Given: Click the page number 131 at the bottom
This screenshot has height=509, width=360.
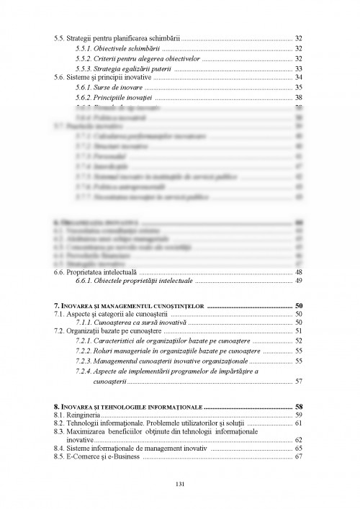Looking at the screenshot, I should pyautogui.click(x=180, y=482).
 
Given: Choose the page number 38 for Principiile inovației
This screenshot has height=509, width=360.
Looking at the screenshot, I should pyautogui.click(x=298, y=97).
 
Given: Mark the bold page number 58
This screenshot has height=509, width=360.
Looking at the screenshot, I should pyautogui.click(x=298, y=406).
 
